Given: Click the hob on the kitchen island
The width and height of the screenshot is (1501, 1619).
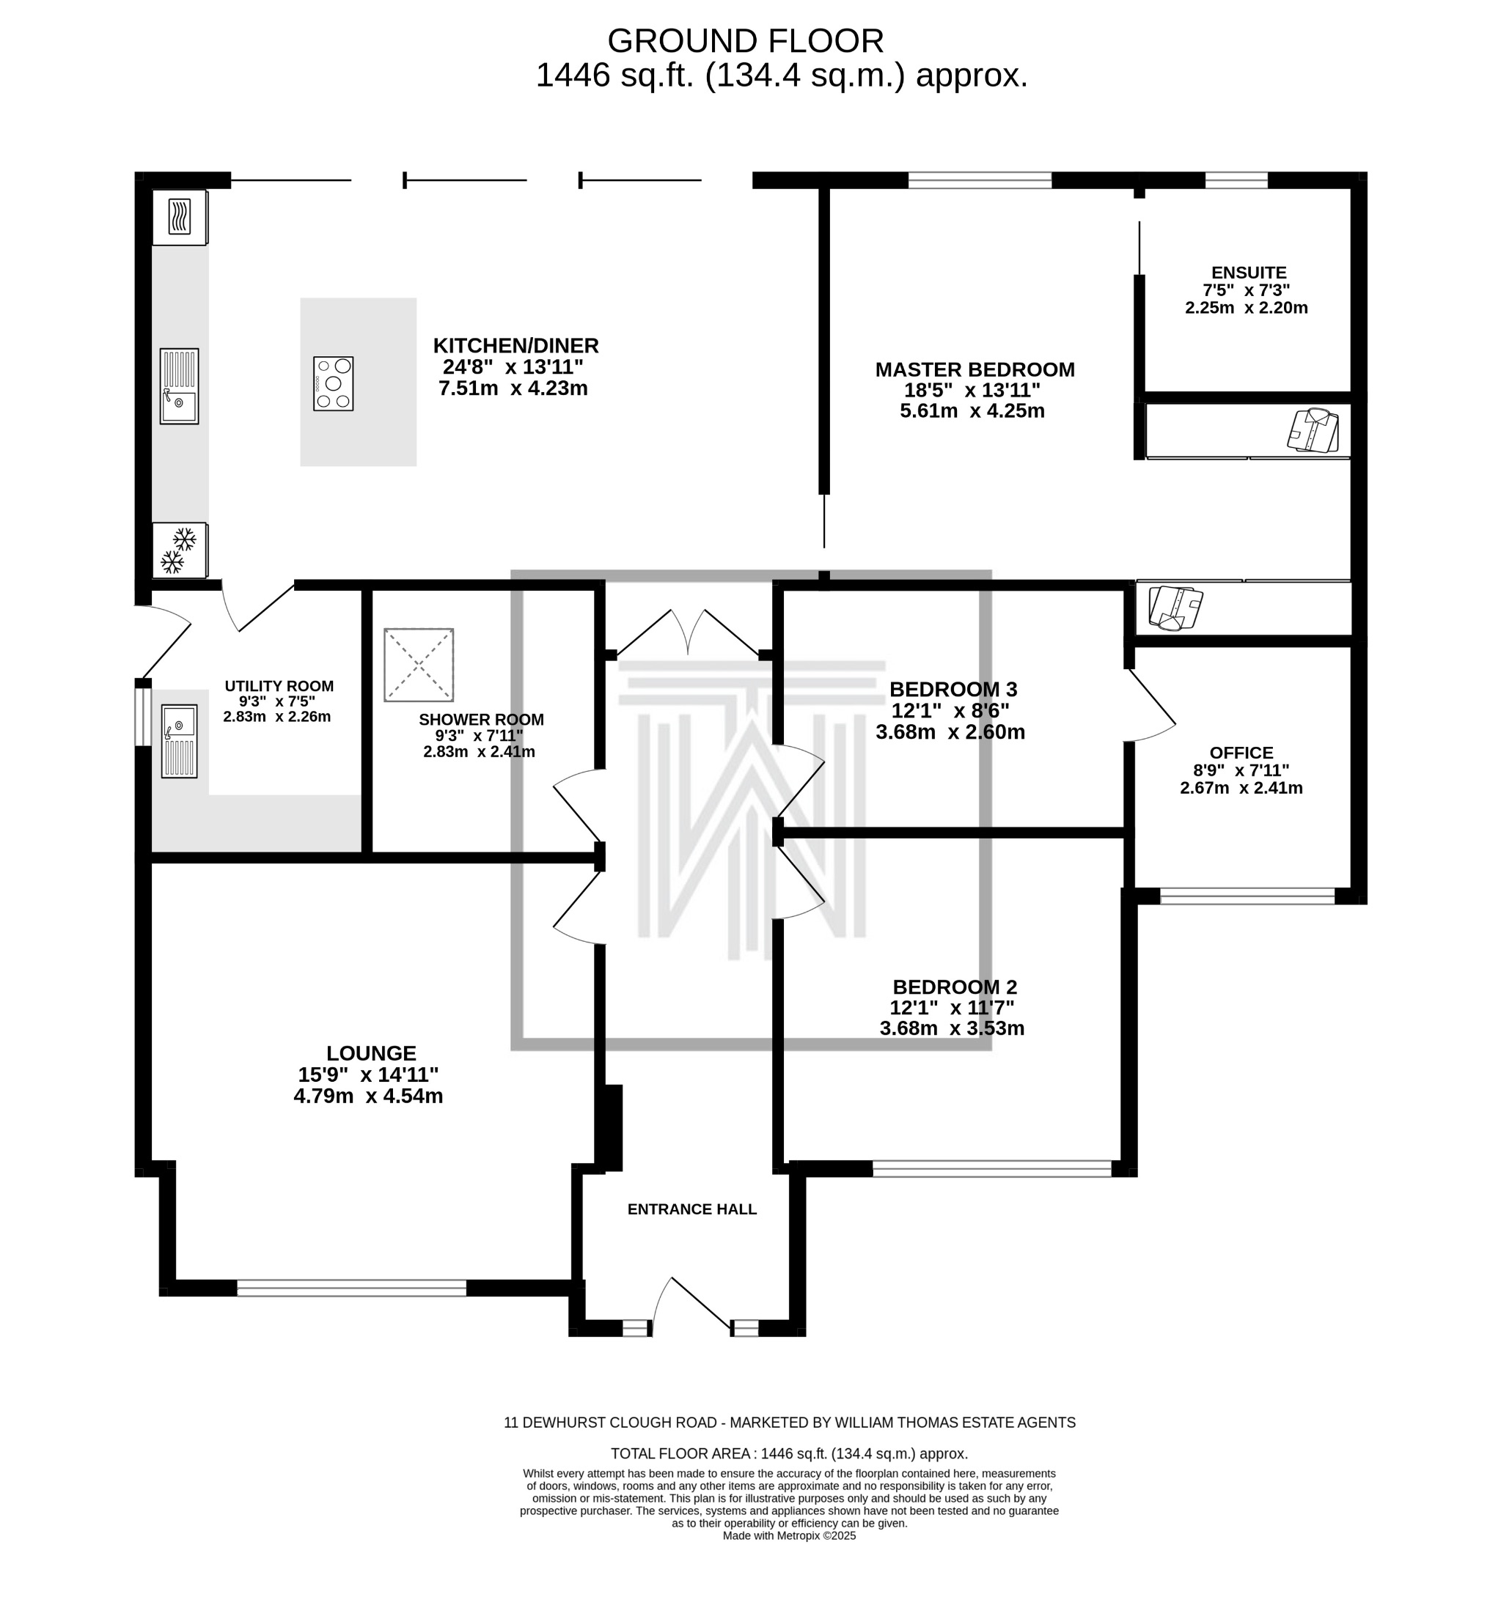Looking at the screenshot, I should click(x=333, y=383).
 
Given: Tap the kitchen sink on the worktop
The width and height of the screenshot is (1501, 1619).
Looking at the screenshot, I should click(x=179, y=386).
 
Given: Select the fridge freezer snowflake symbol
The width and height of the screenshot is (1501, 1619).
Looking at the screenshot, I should click(x=180, y=550).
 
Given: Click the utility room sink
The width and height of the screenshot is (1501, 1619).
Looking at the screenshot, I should click(x=179, y=740).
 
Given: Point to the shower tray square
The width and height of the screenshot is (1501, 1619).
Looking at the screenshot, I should click(x=418, y=664).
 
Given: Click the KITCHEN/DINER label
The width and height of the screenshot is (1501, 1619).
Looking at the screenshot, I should click(x=515, y=346).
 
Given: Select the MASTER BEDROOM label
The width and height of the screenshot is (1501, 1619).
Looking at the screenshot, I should click(x=975, y=369).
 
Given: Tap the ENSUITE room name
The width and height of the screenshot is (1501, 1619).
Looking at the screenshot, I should click(x=1249, y=273).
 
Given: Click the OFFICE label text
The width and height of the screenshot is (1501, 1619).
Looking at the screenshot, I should click(x=1241, y=753).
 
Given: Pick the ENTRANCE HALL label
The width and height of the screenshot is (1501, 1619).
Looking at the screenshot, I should click(x=692, y=1209).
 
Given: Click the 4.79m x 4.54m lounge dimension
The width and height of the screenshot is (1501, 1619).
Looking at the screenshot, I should click(x=368, y=1096).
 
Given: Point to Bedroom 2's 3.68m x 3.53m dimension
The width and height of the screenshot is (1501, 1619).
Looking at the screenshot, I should click(x=952, y=1029).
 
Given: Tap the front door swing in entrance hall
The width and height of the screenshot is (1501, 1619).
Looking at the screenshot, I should click(x=691, y=1303).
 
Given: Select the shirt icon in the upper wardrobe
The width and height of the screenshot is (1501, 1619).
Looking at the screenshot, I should click(x=1313, y=430).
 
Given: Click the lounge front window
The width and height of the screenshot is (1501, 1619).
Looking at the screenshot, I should click(x=352, y=1288).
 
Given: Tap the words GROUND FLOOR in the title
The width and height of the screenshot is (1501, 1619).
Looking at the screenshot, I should click(x=745, y=40).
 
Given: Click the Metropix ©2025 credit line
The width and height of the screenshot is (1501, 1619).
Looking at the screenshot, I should click(x=789, y=1535).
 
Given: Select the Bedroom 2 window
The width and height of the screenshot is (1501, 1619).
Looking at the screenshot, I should click(x=991, y=1168).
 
